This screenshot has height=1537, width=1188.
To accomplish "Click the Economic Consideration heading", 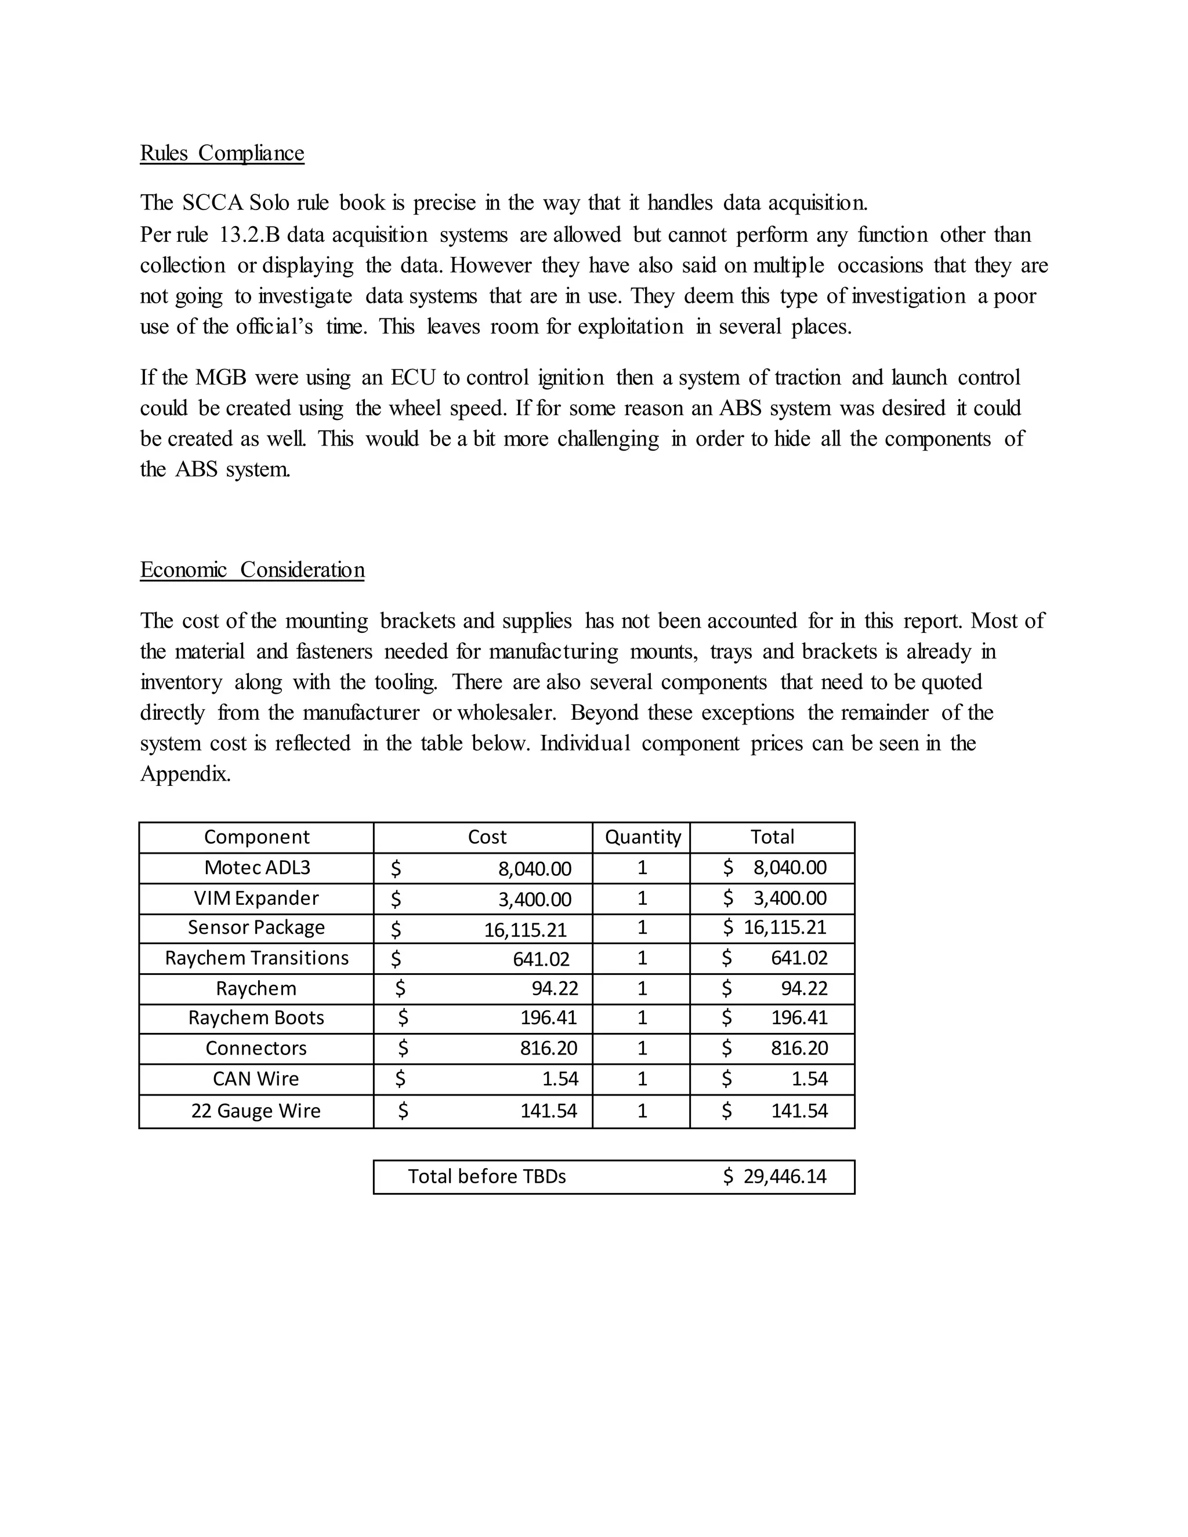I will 252,570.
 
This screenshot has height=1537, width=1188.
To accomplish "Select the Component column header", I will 256,837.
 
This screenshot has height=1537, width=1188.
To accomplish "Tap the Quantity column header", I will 643,837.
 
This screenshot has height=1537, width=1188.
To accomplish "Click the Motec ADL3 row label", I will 257,867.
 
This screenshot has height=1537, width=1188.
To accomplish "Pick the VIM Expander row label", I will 256,898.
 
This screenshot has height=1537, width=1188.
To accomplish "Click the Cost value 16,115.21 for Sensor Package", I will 525,930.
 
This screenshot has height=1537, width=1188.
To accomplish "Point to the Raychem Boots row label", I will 256,1018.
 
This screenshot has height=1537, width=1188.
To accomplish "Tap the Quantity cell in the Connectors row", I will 642,1048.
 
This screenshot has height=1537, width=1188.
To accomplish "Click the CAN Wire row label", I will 256,1079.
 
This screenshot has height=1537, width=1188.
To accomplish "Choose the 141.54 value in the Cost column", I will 548,1111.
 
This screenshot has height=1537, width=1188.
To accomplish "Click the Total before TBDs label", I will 487,1176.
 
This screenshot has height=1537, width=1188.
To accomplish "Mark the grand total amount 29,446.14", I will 784,1176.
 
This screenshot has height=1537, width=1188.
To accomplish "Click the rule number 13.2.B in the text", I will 250,234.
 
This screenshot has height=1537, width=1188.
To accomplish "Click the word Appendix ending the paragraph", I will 185,774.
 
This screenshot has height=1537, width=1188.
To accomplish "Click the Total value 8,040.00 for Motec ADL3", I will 789,867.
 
